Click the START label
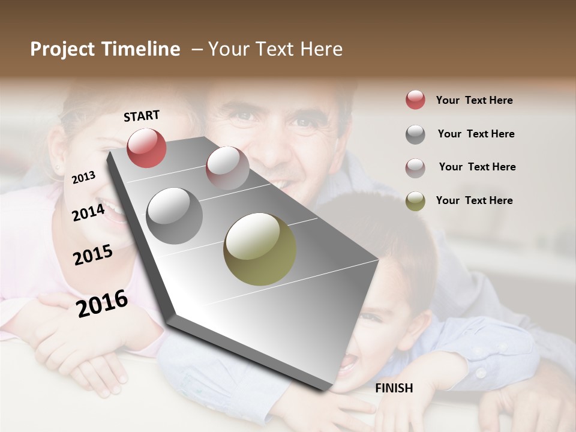pyautogui.click(x=142, y=116)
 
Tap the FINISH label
pyautogui.click(x=394, y=388)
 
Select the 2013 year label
pyautogui.click(x=83, y=178)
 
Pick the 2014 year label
pyautogui.click(x=89, y=212)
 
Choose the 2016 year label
pyautogui.click(x=102, y=304)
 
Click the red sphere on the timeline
pyautogui.click(x=146, y=148)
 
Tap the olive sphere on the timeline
pyautogui.click(x=260, y=249)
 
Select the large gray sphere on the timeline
pyautogui.click(x=174, y=215)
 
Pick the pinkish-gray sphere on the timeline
pyautogui.click(x=227, y=168)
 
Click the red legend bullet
pyautogui.click(x=415, y=100)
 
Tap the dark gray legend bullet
pyautogui.click(x=415, y=134)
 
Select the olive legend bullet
pyautogui.click(x=415, y=201)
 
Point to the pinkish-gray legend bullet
pyautogui.click(x=415, y=167)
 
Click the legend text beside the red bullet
pyautogui.click(x=474, y=100)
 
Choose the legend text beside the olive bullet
pyautogui.click(x=474, y=200)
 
